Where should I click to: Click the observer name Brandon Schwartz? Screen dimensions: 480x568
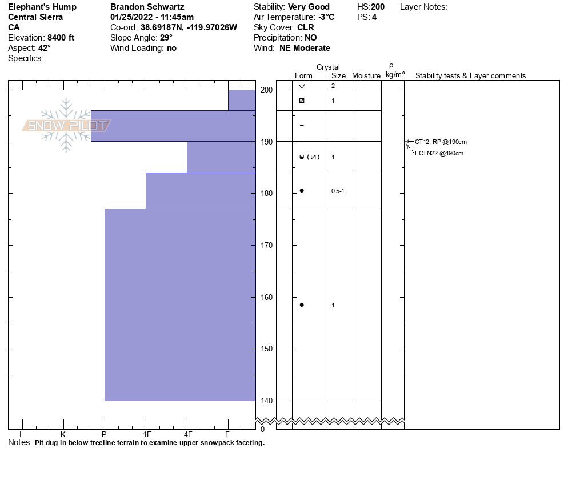coord(147,7)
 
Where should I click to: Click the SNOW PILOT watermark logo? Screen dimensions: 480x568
coord(66,125)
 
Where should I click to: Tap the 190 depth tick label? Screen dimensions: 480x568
coord(266,142)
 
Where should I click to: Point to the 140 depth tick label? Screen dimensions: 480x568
coord(266,401)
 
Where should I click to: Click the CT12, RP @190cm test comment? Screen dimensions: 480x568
coord(437,142)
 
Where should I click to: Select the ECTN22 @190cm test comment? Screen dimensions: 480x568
coord(439,153)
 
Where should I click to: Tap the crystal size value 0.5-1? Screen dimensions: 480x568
coord(338,191)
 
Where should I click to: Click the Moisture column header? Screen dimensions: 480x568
coord(366,76)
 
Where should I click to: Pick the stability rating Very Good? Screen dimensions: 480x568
coord(309,7)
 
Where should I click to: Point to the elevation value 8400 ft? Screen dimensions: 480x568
coord(61,38)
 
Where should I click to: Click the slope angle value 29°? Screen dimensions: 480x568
coord(166,38)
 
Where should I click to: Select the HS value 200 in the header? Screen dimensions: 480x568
coord(378,7)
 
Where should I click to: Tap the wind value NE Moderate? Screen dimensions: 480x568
coord(305,48)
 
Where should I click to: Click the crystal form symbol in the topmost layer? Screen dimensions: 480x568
coord(302,86)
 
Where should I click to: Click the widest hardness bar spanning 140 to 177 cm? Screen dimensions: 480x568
coord(180,305)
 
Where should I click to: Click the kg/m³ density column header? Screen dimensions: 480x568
coord(395,75)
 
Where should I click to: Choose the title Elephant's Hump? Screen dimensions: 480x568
coord(42,7)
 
